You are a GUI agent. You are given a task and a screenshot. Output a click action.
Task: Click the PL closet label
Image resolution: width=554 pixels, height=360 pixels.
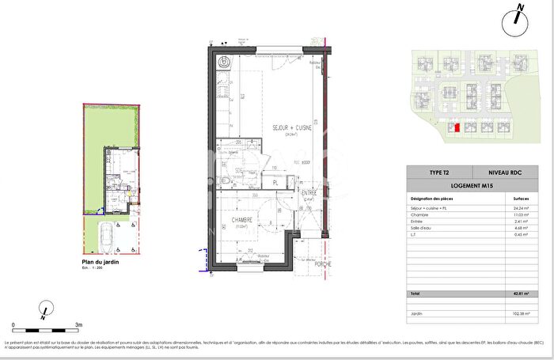275,183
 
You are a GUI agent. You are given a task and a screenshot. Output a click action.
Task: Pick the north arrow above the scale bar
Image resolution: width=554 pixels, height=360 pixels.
46,309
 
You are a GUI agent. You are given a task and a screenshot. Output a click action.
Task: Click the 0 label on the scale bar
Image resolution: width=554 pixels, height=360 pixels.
13,324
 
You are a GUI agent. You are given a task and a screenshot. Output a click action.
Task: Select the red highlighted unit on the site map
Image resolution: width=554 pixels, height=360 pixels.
456,127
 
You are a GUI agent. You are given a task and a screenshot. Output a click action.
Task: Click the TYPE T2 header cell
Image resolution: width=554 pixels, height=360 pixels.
437,172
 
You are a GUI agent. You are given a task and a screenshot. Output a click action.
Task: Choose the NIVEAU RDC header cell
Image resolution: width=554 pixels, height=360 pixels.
503,172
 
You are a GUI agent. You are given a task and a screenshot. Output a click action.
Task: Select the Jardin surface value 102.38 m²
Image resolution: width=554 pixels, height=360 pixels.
522,313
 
